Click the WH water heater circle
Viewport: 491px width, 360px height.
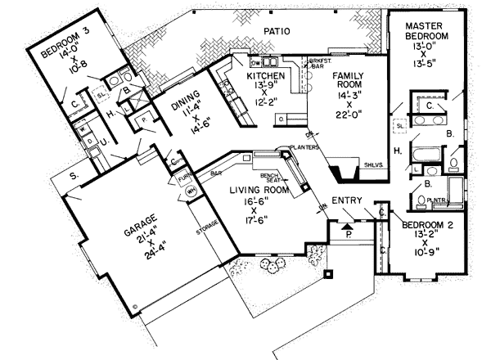192,191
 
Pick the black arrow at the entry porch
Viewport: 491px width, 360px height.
346,220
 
